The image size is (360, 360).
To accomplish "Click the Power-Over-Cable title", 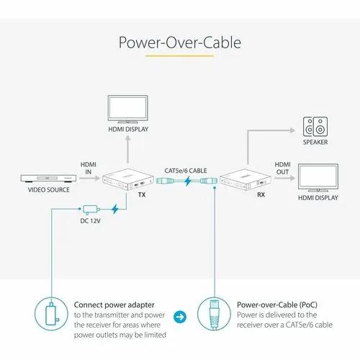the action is pyautogui.click(x=180, y=42).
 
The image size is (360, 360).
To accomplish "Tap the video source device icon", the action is pyautogui.click(x=48, y=178).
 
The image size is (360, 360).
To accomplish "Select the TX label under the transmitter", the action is pyautogui.click(x=142, y=194).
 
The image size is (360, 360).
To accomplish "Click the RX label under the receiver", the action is pyautogui.click(x=261, y=194).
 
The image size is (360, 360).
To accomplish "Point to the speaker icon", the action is pyautogui.click(x=315, y=127).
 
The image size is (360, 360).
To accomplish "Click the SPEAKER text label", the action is pyautogui.click(x=315, y=142).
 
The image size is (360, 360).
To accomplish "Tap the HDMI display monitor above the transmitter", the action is pyautogui.click(x=127, y=109).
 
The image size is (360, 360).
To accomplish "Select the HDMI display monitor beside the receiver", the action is pyautogui.click(x=318, y=178).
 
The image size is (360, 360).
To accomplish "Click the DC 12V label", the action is pyautogui.click(x=90, y=221).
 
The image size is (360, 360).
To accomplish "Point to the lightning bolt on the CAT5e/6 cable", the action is pyautogui.click(x=188, y=181).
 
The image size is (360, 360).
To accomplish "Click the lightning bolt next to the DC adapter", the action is pyautogui.click(x=115, y=210).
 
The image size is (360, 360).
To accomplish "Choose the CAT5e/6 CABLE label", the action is pyautogui.click(x=186, y=171).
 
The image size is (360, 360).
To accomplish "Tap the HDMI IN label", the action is pyautogui.click(x=89, y=168).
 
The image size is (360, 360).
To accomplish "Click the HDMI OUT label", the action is pyautogui.click(x=282, y=168).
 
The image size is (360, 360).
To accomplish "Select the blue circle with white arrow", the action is pyautogui.click(x=180, y=317).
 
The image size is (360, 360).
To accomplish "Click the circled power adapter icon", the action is pyautogui.click(x=51, y=314).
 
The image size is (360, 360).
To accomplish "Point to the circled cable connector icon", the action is pyautogui.click(x=214, y=314).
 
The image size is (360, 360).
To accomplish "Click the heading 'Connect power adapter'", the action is pyautogui.click(x=114, y=305).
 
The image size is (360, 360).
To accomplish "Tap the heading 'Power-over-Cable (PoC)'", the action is pyautogui.click(x=277, y=305).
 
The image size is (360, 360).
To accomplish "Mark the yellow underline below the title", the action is pyautogui.click(x=179, y=56).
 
